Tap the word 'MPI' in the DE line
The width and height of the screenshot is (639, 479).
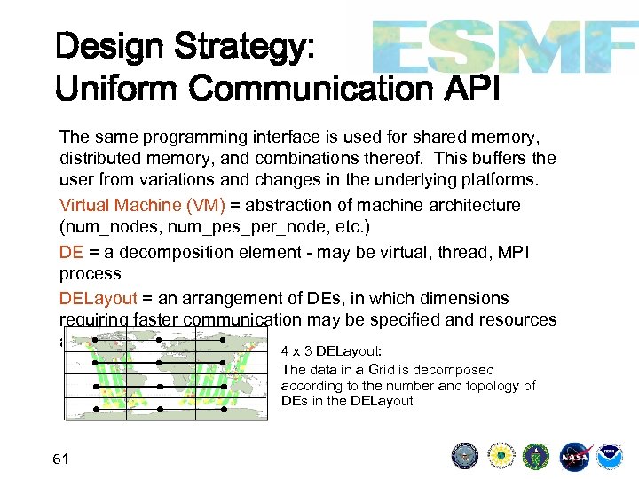[x=511, y=253]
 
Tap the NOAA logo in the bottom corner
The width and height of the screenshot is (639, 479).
[x=610, y=457]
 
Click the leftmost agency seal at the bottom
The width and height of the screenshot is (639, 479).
[x=465, y=457]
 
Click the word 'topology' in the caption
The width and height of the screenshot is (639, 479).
[x=493, y=386]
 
